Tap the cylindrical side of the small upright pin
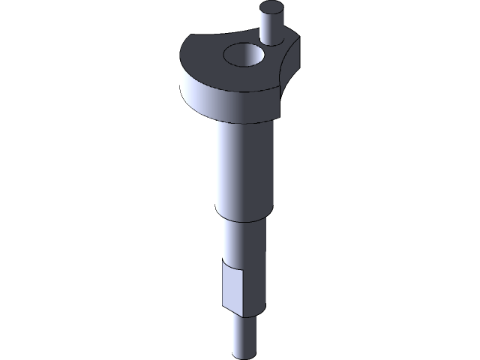tap(271, 28)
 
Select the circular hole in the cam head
tap(244, 55)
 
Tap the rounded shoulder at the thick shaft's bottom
tap(241, 214)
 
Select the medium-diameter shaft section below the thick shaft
tap(244, 240)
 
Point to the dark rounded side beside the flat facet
tap(258, 289)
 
